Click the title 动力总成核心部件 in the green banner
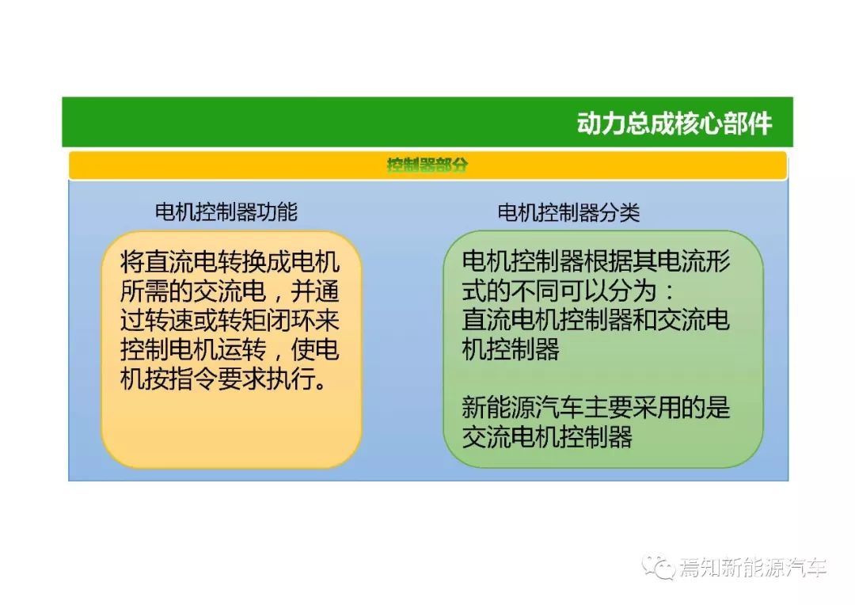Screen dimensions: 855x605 click(674, 124)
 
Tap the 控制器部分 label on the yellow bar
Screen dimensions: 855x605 click(427, 165)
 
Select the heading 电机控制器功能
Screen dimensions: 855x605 click(226, 211)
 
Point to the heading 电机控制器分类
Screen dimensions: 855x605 click(568, 212)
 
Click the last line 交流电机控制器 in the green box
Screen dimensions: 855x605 click(547, 436)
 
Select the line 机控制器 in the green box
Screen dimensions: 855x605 click(511, 349)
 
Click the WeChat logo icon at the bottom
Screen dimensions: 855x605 click(658, 567)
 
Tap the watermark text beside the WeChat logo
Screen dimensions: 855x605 click(753, 568)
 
